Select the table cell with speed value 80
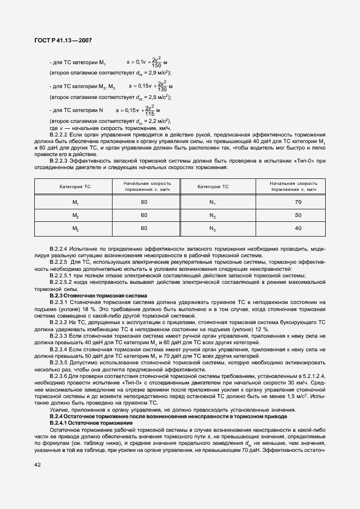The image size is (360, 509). pos(144,202)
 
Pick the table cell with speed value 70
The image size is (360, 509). pos(297,202)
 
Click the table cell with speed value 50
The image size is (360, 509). pos(297,215)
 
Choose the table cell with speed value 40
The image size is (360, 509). pos(297,228)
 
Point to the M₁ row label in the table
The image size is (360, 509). pos(76,202)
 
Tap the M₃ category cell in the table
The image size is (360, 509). pos(76,229)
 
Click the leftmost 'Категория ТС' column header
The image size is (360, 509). pos(75,187)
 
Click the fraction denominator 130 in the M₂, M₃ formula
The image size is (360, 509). pos(162,89)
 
